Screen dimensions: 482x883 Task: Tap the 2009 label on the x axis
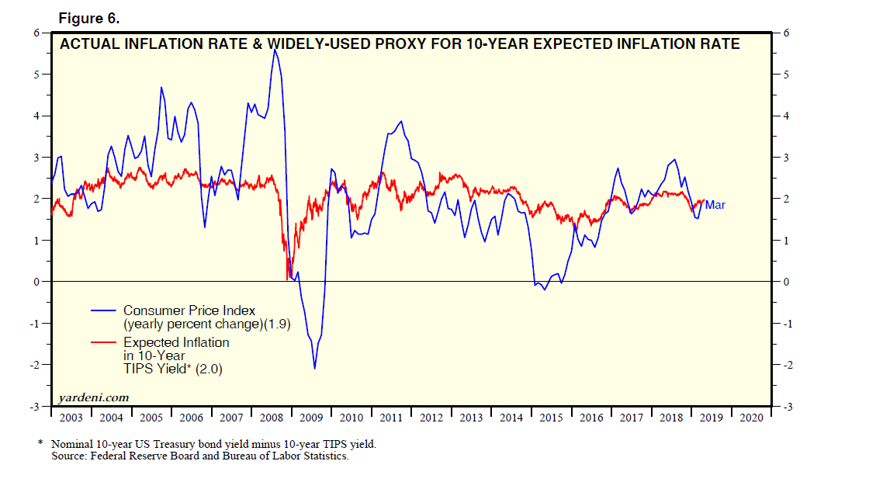click(311, 418)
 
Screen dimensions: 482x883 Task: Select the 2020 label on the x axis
click(751, 418)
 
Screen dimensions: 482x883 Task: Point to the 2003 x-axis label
click(71, 418)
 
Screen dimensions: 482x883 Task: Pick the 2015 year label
click(551, 418)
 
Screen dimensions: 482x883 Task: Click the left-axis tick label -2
click(34, 365)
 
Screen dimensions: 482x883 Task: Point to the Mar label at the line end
click(715, 205)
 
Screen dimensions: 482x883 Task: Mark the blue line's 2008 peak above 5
click(275, 50)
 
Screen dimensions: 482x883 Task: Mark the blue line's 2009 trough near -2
click(314, 368)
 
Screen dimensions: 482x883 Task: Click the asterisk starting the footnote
click(40, 444)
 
